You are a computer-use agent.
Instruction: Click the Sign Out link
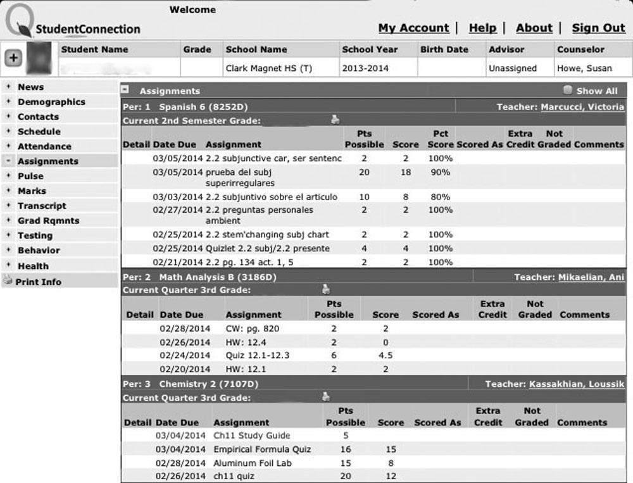point(598,28)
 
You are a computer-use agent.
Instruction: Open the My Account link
point(413,28)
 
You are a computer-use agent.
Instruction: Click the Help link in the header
point(482,28)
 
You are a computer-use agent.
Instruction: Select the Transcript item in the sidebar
point(42,206)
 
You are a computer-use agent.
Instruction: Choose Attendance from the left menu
point(44,146)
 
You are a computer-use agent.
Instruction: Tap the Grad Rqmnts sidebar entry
point(49,220)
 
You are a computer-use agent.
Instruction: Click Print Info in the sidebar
point(38,282)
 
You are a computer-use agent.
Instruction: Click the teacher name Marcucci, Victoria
point(582,107)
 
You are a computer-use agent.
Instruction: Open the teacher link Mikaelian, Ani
point(591,277)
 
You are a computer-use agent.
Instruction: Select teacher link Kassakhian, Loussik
point(577,384)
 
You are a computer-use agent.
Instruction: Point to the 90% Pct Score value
point(441,172)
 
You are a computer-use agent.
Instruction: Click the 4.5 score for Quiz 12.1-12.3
point(385,355)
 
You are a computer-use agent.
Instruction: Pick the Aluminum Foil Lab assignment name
point(253,463)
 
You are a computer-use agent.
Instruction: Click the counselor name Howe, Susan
point(584,68)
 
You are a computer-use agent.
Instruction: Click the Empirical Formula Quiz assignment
point(262,449)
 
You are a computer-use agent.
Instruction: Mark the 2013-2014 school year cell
point(365,68)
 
